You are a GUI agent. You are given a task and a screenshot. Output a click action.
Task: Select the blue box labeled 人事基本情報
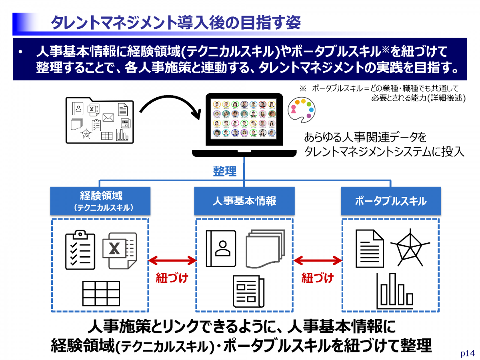[244, 201]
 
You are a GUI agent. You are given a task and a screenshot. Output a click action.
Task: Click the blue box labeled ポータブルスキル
[390, 201]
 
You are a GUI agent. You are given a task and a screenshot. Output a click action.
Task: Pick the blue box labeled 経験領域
[100, 201]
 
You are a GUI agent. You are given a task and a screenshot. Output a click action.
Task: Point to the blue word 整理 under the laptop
[224, 171]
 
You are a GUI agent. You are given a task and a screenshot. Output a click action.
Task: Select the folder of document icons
[100, 120]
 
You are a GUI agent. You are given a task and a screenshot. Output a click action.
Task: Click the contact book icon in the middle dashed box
[221, 248]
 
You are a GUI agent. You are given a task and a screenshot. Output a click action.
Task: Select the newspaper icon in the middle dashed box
[248, 291]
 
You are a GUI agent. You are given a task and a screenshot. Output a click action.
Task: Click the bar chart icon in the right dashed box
[395, 291]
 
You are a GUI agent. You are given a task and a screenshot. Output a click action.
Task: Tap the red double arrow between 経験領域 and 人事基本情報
[172, 261]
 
